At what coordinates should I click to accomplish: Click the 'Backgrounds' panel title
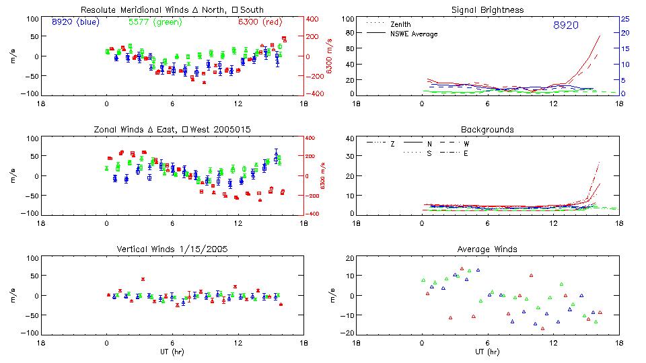[x=488, y=129]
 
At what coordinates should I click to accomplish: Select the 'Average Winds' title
[x=488, y=249]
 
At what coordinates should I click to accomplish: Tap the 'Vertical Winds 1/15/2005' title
[x=172, y=249]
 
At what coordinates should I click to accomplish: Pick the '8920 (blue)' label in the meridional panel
[x=74, y=22]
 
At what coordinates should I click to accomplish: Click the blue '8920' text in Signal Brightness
[x=565, y=26]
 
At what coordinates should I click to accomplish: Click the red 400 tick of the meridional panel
[x=314, y=19]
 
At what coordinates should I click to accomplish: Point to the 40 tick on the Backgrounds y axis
[x=349, y=139]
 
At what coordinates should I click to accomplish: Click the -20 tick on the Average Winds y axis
[x=348, y=333]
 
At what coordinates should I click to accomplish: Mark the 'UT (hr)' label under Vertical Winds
[x=172, y=352]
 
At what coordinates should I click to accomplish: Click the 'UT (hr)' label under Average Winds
[x=488, y=352]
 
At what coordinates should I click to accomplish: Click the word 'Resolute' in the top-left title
[x=98, y=10]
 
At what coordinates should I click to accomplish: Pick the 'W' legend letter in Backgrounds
[x=466, y=144]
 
